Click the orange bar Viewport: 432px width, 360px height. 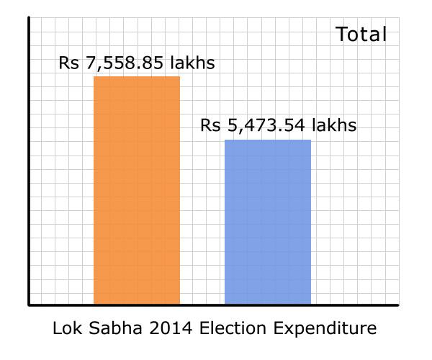137,191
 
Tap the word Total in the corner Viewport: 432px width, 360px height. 361,35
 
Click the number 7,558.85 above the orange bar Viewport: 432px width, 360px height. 123,63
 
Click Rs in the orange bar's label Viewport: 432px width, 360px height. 68,63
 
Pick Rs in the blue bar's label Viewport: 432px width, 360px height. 210,126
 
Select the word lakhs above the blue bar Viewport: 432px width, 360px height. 333,126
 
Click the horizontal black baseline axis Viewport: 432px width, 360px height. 216,305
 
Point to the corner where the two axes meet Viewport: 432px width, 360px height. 29,305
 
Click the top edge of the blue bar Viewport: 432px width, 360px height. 268,140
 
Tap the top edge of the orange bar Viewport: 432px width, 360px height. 137,76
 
